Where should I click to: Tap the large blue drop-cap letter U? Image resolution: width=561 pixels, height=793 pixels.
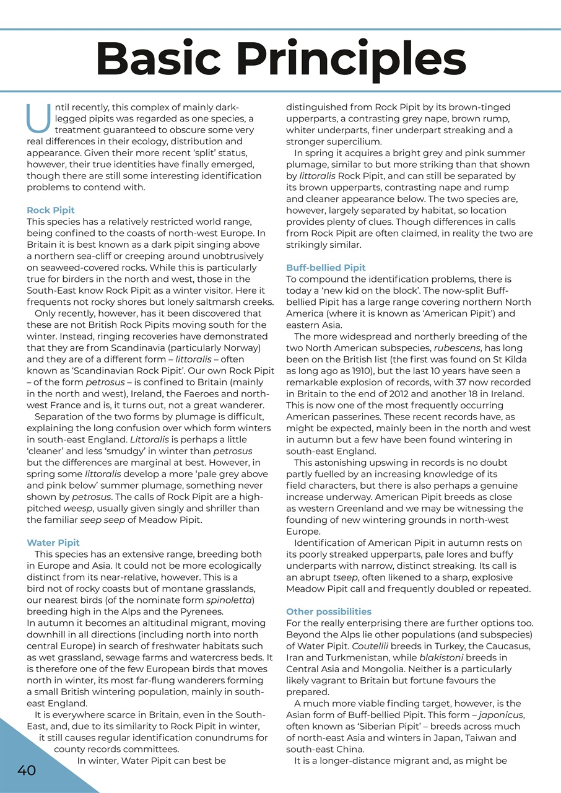(x=39, y=119)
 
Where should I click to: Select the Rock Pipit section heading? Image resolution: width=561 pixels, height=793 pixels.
(x=51, y=211)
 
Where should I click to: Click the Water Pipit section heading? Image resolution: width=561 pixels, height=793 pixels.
(x=53, y=543)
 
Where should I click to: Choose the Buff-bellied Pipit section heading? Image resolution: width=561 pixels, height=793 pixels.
(x=326, y=268)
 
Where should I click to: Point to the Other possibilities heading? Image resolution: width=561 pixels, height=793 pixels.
(x=329, y=611)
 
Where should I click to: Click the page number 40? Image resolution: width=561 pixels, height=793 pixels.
(x=27, y=770)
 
